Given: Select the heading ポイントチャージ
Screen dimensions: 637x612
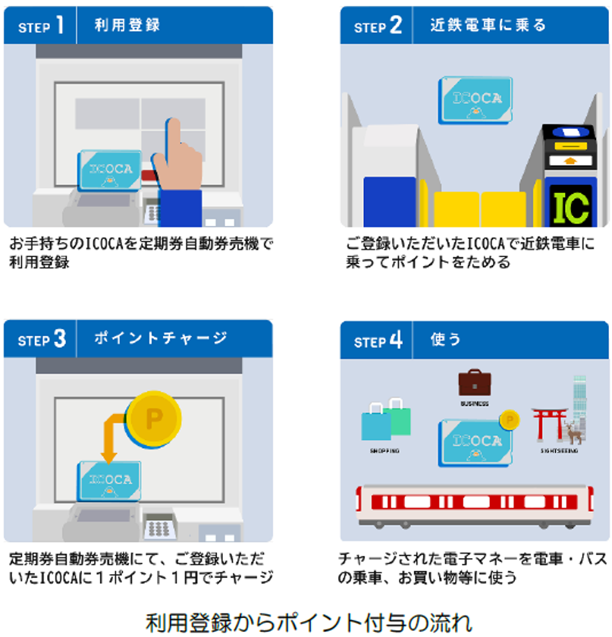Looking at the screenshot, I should pyautogui.click(x=160, y=338).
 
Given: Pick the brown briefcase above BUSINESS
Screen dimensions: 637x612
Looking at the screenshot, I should pyautogui.click(x=475, y=382).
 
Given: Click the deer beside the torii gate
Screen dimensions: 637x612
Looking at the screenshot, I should pyautogui.click(x=573, y=432).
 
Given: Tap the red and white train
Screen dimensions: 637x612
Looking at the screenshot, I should pyautogui.click(x=475, y=505).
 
